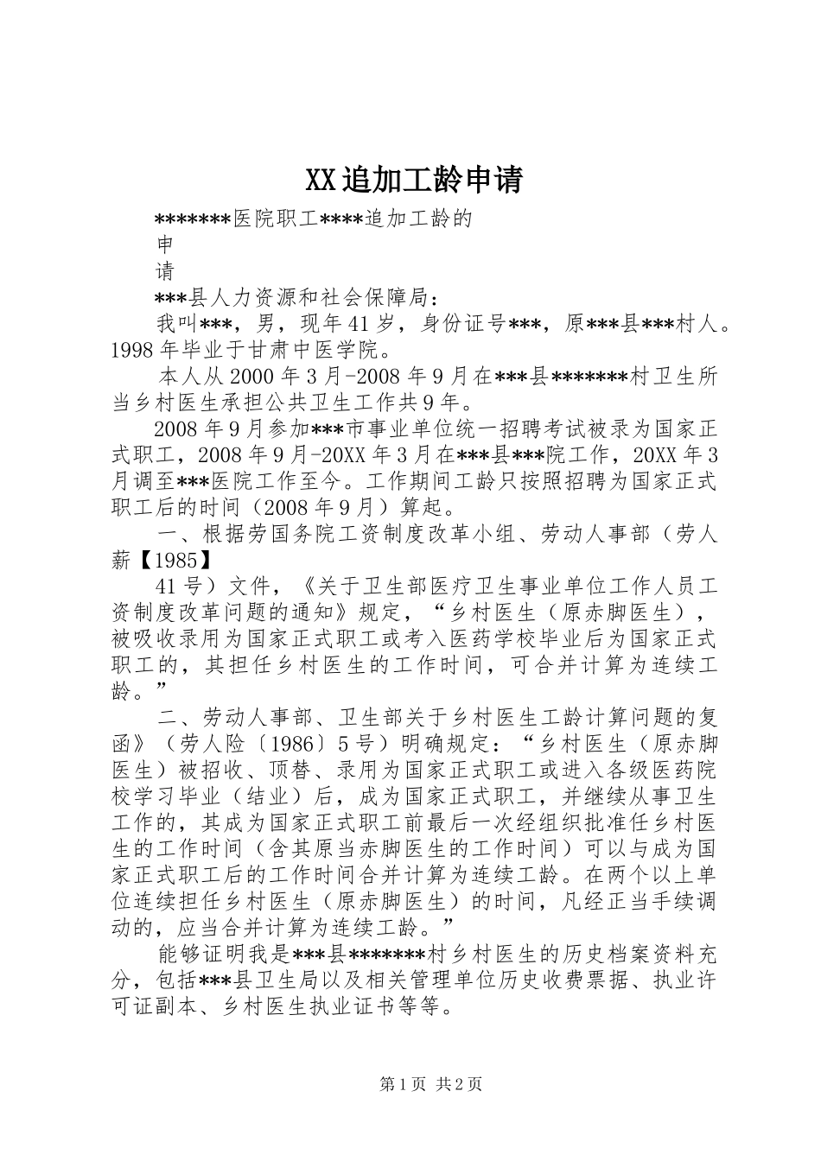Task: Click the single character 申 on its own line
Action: coord(164,244)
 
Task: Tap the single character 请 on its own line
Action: coord(164,271)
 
